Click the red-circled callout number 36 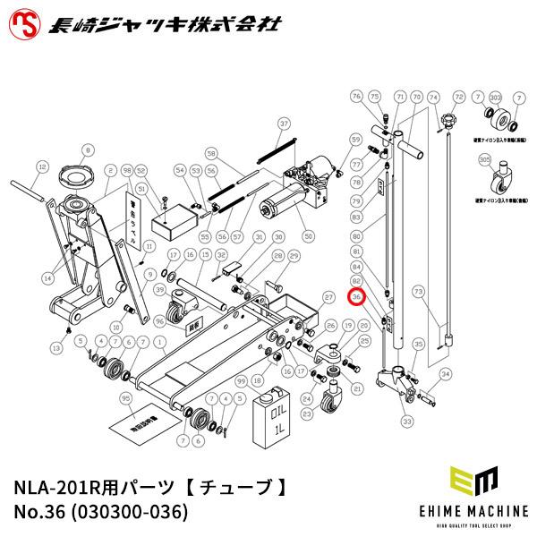pyautogui.click(x=356, y=296)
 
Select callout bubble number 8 pyautogui.click(x=88, y=149)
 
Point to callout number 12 pyautogui.click(x=41, y=166)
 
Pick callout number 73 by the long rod pyautogui.click(x=418, y=292)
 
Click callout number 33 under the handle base pyautogui.click(x=406, y=421)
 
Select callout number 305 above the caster pyautogui.click(x=485, y=158)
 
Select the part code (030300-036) pyautogui.click(x=132, y=513)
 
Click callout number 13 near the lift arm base pyautogui.click(x=55, y=346)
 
